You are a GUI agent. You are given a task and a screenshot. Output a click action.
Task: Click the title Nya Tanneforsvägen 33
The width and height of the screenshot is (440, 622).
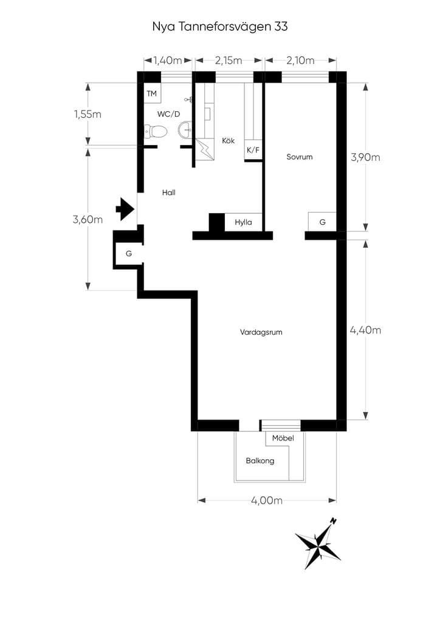(x=220, y=27)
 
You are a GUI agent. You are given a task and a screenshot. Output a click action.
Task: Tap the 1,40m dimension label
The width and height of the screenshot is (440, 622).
(x=167, y=60)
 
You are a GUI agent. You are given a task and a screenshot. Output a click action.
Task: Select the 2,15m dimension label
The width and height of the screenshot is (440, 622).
(x=229, y=60)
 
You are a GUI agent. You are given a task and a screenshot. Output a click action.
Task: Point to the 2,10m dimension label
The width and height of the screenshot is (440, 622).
(x=300, y=60)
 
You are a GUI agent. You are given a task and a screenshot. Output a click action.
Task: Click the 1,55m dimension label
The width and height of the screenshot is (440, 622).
(x=88, y=114)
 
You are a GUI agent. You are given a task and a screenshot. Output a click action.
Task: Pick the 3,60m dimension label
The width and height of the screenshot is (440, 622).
(x=88, y=219)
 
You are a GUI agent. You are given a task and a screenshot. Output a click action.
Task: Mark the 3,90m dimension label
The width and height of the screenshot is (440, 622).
(x=365, y=157)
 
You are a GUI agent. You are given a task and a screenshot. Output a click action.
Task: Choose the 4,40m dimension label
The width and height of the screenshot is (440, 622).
(x=365, y=330)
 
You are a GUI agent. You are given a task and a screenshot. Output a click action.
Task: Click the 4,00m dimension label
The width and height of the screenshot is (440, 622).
(x=267, y=501)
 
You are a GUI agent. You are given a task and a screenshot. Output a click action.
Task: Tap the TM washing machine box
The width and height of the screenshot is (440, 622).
(x=152, y=94)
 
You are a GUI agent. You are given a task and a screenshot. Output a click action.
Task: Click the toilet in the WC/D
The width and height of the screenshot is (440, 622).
(x=155, y=131)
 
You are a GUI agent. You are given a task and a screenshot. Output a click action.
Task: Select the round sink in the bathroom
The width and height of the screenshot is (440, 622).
(x=185, y=130)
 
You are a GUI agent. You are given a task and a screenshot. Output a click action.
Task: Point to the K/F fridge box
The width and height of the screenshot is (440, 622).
(x=253, y=150)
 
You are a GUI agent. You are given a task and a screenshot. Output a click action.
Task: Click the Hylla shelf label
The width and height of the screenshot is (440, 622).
(x=243, y=222)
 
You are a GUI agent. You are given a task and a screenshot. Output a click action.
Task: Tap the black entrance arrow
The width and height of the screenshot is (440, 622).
(x=125, y=209)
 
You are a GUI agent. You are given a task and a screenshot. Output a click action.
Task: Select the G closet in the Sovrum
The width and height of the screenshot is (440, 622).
(x=322, y=222)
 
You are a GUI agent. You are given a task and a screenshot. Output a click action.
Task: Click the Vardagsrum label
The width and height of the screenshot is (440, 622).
(x=261, y=332)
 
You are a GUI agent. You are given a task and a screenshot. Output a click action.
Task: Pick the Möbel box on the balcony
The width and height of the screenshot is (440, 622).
(x=283, y=439)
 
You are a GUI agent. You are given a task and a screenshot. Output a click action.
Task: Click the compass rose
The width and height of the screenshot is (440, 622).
(x=317, y=544)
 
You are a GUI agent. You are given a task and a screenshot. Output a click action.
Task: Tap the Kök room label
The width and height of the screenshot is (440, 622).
(x=228, y=140)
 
